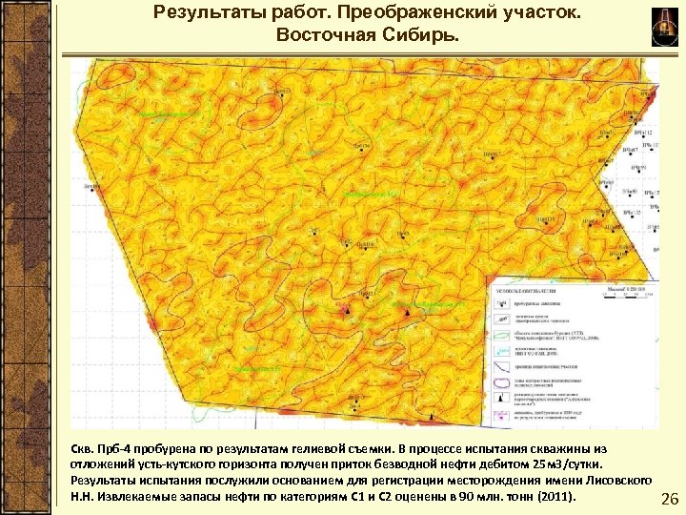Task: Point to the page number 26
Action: pyautogui.click(x=669, y=500)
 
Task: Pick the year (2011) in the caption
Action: pyautogui.click(x=557, y=497)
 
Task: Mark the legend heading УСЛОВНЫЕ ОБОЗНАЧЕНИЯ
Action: pyautogui.click(x=525, y=289)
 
